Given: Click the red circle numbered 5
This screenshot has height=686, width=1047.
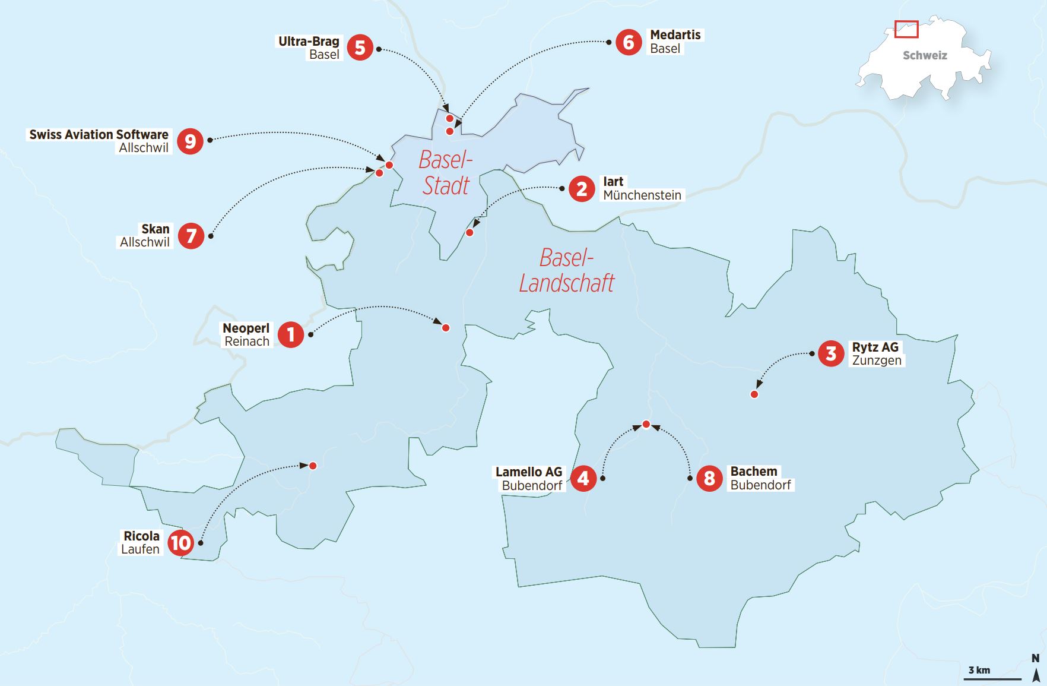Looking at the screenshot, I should tap(360, 48).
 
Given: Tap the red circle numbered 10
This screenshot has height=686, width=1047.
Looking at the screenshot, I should tap(180, 542).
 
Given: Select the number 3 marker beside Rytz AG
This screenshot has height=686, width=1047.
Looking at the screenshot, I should tap(831, 353).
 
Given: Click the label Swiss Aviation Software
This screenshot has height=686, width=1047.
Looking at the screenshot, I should tap(99, 135).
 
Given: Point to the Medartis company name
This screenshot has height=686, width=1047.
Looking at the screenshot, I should tap(675, 35).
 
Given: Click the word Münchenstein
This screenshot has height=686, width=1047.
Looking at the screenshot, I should tap(642, 195).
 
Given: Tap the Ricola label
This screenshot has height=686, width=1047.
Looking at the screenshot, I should tap(141, 536).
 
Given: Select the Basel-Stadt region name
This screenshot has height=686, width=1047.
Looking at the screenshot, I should tap(446, 173).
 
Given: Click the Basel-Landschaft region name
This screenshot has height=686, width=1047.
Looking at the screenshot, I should tap(566, 271).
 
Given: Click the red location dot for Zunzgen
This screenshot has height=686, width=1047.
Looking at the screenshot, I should tap(754, 394).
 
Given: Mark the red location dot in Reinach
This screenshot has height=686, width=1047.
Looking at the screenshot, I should tap(446, 328).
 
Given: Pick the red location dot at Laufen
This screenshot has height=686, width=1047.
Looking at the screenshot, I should tap(313, 466).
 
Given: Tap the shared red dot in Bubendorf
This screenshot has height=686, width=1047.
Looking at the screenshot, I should tap(646, 424).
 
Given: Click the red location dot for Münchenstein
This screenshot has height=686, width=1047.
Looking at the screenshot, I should tap(469, 233).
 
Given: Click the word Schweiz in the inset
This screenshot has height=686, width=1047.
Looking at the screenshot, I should tap(925, 56).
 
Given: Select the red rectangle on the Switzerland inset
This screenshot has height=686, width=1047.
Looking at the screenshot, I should tap(906, 29).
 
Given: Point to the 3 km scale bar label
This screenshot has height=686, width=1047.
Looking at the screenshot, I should tap(979, 670).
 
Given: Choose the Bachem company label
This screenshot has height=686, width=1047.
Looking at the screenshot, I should tap(753, 472).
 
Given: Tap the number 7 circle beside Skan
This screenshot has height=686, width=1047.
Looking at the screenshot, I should tap(191, 236).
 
